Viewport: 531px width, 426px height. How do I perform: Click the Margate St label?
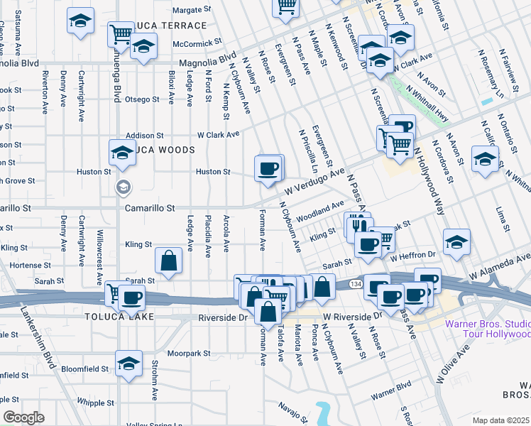[193, 10]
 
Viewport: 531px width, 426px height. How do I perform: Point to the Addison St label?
[145, 135]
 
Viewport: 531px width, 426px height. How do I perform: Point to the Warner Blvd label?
[391, 391]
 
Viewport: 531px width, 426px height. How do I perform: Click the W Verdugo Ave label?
[314, 182]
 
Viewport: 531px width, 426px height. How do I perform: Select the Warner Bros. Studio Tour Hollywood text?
[487, 329]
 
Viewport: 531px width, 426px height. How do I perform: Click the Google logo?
[23, 417]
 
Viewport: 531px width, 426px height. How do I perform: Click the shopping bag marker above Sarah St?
[170, 261]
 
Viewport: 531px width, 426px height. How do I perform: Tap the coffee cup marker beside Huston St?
[268, 169]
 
